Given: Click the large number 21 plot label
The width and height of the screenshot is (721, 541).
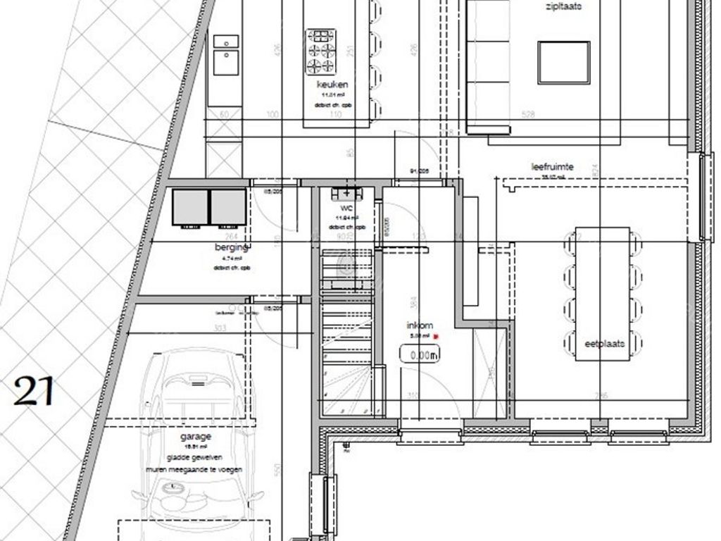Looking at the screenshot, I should tap(34, 391).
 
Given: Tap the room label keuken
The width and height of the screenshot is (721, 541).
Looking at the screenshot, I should tap(332, 85).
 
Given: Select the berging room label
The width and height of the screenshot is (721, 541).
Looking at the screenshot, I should tap(232, 247).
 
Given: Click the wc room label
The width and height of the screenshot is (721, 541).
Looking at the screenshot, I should tap(346, 209).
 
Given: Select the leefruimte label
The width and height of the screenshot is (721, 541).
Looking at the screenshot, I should tap(552, 167).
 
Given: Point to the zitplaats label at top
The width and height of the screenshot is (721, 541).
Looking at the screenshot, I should tap(563, 8).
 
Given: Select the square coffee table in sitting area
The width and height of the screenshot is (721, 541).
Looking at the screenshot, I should tap(564, 62).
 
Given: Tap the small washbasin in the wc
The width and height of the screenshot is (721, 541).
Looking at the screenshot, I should tap(346, 192).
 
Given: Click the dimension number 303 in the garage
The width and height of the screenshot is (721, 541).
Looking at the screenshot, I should tap(222, 328).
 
